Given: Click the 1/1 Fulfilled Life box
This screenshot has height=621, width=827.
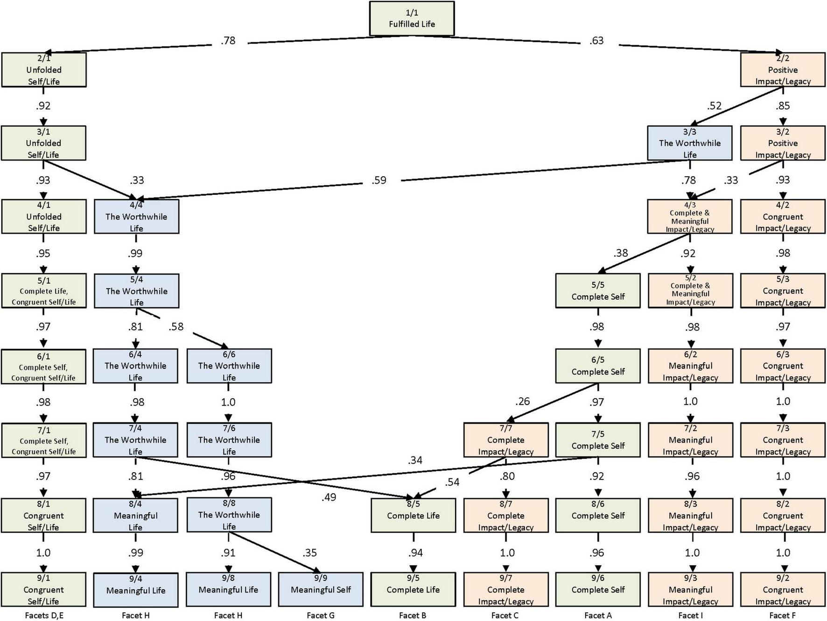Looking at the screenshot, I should [x=412, y=19].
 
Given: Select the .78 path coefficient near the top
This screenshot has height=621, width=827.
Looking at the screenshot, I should [x=228, y=41].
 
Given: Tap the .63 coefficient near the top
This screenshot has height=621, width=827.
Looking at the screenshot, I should [x=596, y=41].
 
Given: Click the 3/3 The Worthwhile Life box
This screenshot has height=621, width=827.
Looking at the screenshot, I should [x=689, y=143].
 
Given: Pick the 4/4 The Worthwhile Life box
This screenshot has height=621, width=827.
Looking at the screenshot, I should [x=136, y=217].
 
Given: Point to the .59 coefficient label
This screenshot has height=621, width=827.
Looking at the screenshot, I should [x=379, y=180].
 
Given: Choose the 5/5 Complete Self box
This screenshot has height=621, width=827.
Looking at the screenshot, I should [x=598, y=291].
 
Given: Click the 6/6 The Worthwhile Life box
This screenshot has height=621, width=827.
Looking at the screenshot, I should [x=229, y=366].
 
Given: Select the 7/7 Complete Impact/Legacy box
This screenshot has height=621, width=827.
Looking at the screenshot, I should [x=505, y=440].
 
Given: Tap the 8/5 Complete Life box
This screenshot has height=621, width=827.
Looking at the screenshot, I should [x=413, y=515].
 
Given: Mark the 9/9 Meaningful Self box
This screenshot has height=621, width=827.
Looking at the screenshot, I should [x=321, y=590].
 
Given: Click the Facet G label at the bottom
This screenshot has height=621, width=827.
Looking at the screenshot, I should [x=321, y=615].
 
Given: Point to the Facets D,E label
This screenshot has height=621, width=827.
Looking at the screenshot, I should [x=44, y=615].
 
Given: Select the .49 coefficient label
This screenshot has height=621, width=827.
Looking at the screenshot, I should [x=329, y=498].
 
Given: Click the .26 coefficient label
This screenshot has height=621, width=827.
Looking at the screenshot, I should [x=522, y=402].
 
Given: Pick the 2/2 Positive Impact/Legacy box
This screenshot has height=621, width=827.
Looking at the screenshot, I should [x=783, y=70].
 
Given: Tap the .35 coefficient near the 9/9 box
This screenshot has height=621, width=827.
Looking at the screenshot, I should [x=309, y=553].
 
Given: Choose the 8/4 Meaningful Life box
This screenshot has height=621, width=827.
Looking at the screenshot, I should [x=135, y=516].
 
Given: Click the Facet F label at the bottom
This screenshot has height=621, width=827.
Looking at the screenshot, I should [x=783, y=615].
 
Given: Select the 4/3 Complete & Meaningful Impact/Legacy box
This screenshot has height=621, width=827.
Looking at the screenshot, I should [x=689, y=217].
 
